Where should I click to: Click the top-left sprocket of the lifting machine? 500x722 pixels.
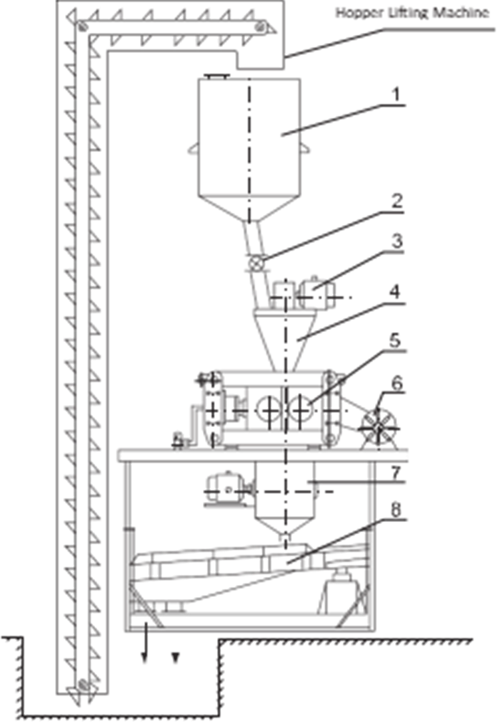(83, 26)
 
